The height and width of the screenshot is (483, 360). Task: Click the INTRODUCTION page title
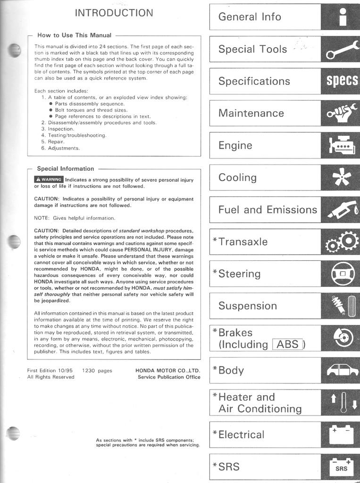[x=114, y=13]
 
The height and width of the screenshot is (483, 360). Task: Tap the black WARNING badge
[x=49, y=179]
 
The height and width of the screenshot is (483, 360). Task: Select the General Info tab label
[x=250, y=17]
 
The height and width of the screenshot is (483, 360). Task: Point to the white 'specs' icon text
[x=342, y=81]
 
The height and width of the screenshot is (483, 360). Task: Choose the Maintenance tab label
[x=251, y=113]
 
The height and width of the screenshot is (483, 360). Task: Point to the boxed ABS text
[x=288, y=344]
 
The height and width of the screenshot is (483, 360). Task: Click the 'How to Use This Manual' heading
[x=74, y=35]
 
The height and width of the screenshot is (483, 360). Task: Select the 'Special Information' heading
[x=66, y=168]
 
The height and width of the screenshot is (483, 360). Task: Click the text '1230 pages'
[x=97, y=371]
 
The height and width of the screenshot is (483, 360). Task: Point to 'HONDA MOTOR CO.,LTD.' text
[x=167, y=371]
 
